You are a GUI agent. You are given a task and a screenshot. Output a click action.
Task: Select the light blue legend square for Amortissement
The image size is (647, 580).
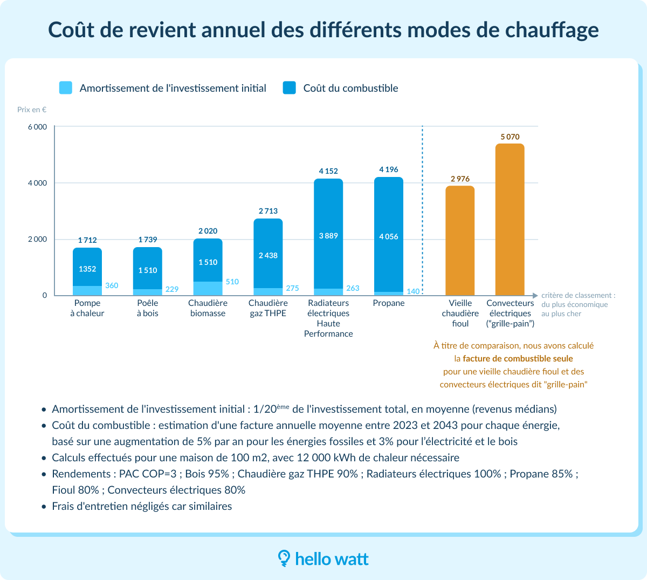click(66, 88)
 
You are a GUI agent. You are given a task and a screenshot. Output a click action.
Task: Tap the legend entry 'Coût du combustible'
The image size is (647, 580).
click(350, 88)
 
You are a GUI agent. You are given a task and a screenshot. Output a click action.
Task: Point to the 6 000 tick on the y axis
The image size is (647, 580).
click(37, 127)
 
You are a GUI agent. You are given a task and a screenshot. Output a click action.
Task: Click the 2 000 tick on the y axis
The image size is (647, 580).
click(37, 239)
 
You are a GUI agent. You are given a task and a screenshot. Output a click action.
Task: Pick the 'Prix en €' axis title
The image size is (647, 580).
click(32, 110)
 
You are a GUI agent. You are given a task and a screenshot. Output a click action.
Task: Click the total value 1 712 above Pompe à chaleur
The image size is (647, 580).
click(87, 240)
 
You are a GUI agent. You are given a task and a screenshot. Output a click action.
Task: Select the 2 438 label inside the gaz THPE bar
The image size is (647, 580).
click(268, 255)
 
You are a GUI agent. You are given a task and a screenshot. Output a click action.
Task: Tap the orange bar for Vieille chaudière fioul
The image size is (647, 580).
click(460, 240)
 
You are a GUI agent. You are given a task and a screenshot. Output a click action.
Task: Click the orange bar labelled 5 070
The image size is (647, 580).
click(510, 219)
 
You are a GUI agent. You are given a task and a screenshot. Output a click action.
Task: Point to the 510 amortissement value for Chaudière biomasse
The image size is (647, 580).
click(232, 282)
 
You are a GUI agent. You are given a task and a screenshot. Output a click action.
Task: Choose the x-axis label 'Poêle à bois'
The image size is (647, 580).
click(148, 308)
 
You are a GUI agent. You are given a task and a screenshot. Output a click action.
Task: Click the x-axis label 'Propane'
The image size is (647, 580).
click(389, 303)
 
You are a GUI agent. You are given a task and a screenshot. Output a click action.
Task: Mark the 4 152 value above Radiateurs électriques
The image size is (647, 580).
click(328, 171)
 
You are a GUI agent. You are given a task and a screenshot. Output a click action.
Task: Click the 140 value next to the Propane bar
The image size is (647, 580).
click(413, 291)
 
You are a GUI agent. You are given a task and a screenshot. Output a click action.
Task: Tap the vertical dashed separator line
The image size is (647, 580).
click(422, 210)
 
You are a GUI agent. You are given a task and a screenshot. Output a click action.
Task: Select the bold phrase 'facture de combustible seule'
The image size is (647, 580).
click(518, 358)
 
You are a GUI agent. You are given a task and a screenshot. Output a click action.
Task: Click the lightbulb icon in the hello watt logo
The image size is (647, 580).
click(284, 558)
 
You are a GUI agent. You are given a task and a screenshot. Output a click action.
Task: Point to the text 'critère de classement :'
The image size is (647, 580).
click(578, 295)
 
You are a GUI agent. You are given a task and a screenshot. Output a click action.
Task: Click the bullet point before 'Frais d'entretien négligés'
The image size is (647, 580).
click(44, 507)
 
